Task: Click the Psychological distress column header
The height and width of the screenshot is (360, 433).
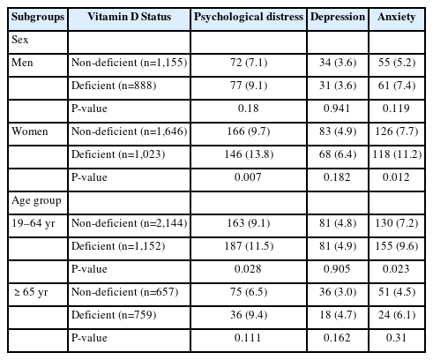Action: pyautogui.click(x=249, y=18)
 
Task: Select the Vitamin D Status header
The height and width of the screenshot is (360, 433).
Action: pyautogui.click(x=130, y=17)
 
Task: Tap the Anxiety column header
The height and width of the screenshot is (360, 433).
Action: pyautogui.click(x=397, y=18)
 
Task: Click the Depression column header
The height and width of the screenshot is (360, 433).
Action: pyautogui.click(x=338, y=18)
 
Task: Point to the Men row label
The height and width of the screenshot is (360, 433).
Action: pyautogui.click(x=22, y=63)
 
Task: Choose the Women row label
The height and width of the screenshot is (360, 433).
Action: pyautogui.click(x=29, y=131)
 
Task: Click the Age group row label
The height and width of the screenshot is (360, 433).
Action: pyautogui.click(x=36, y=201)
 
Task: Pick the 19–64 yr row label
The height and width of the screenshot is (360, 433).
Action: pyautogui.click(x=34, y=223)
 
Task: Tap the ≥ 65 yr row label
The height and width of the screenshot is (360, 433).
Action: pyautogui.click(x=31, y=292)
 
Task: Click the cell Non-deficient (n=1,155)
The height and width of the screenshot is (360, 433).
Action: pyautogui.click(x=130, y=63)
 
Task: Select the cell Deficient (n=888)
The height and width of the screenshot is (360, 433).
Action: pyautogui.click(x=114, y=86)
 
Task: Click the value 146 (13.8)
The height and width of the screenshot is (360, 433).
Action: pyautogui.click(x=249, y=154)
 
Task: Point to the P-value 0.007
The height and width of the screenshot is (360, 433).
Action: pyautogui.click(x=248, y=177)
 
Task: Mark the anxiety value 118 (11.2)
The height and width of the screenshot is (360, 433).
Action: pyautogui.click(x=397, y=154)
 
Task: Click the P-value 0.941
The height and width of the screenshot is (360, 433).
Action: pyautogui.click(x=337, y=109)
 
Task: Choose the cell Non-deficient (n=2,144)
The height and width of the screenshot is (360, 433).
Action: pyautogui.click(x=130, y=223)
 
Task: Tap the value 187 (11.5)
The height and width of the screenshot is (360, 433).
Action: pyautogui.click(x=249, y=246)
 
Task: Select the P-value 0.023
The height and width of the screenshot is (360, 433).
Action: pyautogui.click(x=396, y=269)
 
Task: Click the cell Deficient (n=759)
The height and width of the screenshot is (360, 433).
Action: pyautogui.click(x=114, y=315)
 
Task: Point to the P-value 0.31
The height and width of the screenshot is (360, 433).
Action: pyautogui.click(x=396, y=338)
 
